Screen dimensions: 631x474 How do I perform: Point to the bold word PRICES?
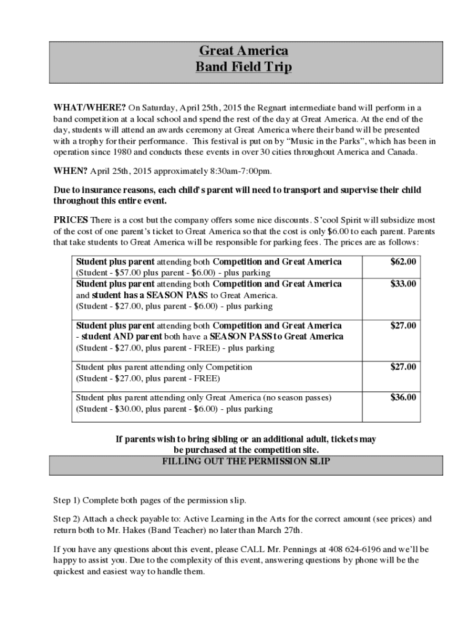click(71, 220)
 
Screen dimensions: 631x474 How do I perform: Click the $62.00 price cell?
click(403, 262)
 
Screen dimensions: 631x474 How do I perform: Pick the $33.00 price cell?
click(403, 284)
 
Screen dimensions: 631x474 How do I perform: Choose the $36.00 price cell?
click(403, 397)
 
